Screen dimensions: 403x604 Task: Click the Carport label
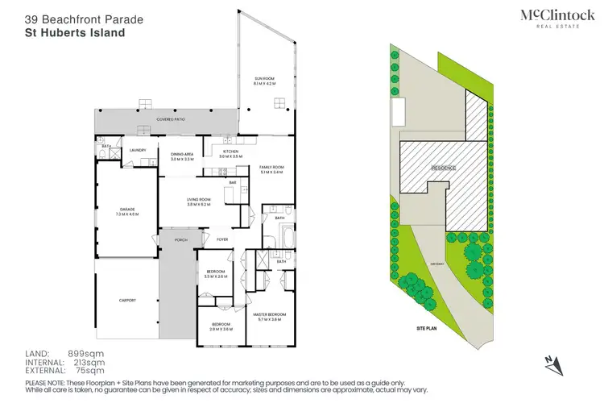click(126, 301)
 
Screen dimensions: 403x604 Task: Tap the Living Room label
click(199, 202)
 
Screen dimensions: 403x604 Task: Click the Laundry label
click(136, 149)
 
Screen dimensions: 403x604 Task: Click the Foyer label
click(221, 239)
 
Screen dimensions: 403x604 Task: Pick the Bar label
click(232, 183)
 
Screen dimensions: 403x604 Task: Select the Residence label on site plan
click(443, 168)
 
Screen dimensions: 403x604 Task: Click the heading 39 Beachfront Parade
click(74, 15)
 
